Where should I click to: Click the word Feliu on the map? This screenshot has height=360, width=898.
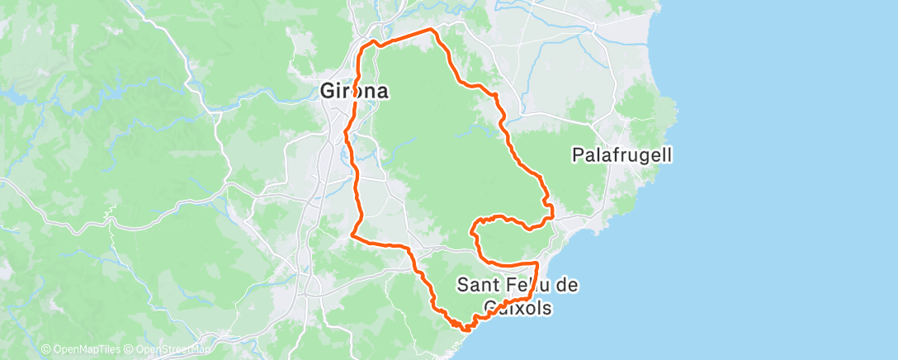tap(525, 286)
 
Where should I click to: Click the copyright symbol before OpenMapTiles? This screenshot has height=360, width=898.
tap(46, 349)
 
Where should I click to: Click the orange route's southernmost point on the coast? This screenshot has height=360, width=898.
tap(464, 328)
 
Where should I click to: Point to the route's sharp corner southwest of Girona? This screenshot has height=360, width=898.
tap(353, 235)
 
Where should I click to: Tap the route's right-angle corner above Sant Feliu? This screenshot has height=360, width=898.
tap(537, 263)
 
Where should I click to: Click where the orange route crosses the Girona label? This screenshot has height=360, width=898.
tap(355, 92)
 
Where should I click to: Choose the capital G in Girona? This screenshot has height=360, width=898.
tap(328, 92)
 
